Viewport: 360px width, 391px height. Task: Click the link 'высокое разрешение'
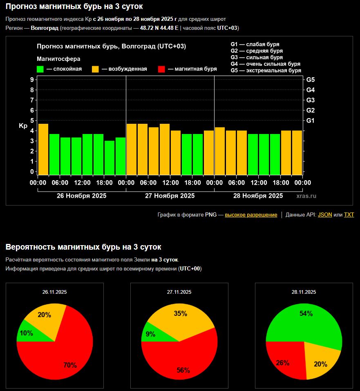tap(251, 215)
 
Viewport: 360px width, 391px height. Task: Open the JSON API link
tap(325, 215)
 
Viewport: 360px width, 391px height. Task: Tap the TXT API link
tap(349, 215)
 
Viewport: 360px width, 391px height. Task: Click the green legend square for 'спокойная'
tap(40, 69)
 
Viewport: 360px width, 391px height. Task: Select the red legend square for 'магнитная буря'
tap(161, 69)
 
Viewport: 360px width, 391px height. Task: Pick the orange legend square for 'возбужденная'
tap(95, 69)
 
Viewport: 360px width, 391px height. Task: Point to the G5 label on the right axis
tap(310, 80)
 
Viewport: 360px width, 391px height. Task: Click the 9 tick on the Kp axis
tap(32, 80)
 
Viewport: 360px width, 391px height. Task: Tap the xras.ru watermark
tap(306, 196)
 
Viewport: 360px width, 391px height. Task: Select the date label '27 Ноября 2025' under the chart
tap(170, 196)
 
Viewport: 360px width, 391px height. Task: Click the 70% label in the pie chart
tap(70, 365)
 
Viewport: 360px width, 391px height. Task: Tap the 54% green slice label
tap(306, 314)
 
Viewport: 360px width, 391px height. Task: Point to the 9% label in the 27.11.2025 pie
tap(150, 334)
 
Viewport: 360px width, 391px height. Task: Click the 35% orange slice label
tap(180, 314)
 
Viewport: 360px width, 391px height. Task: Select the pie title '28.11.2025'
tap(304, 292)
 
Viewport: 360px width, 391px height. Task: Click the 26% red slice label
tap(283, 363)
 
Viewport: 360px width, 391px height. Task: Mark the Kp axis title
tap(23, 126)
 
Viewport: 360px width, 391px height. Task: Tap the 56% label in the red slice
tap(183, 371)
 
